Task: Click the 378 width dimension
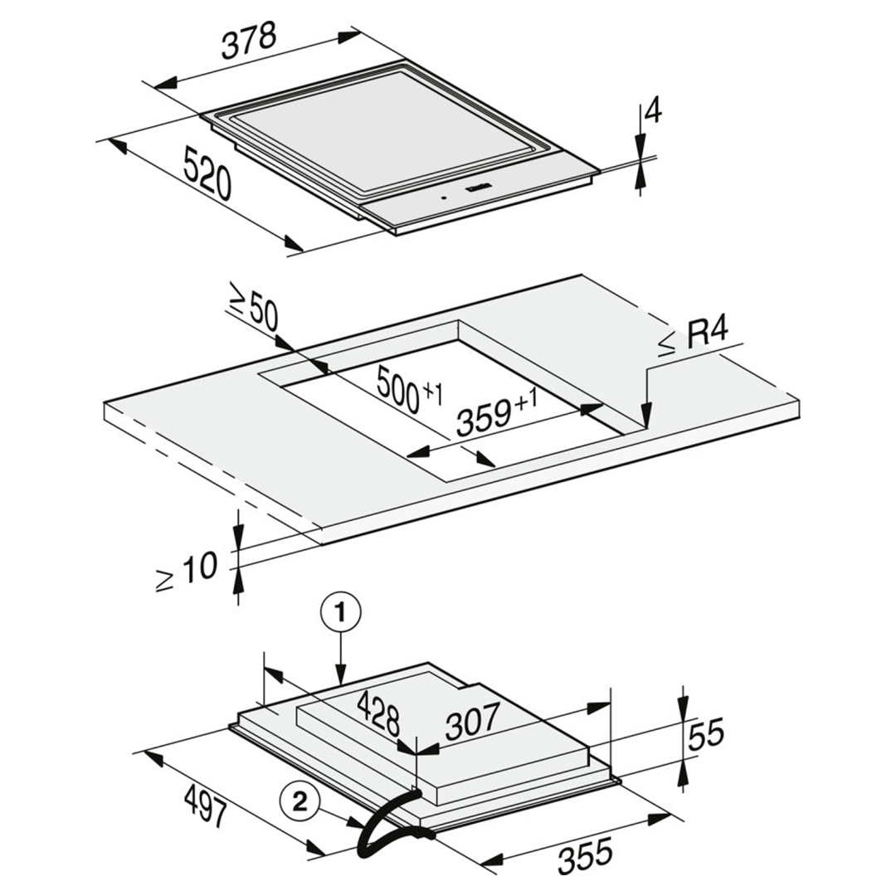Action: pyautogui.click(x=249, y=41)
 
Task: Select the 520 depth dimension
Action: pyautogui.click(x=207, y=173)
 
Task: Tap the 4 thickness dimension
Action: pyautogui.click(x=653, y=110)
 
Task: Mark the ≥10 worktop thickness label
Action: pyautogui.click(x=187, y=572)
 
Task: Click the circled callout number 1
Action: pyautogui.click(x=341, y=614)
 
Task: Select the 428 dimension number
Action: pyautogui.click(x=377, y=713)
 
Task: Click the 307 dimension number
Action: pyautogui.click(x=472, y=721)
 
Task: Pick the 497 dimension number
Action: pyautogui.click(x=207, y=806)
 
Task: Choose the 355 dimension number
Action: pyautogui.click(x=585, y=855)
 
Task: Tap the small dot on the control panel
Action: pyautogui.click(x=443, y=198)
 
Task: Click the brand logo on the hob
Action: pyautogui.click(x=475, y=187)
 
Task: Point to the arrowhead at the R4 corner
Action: pyautogui.click(x=646, y=414)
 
